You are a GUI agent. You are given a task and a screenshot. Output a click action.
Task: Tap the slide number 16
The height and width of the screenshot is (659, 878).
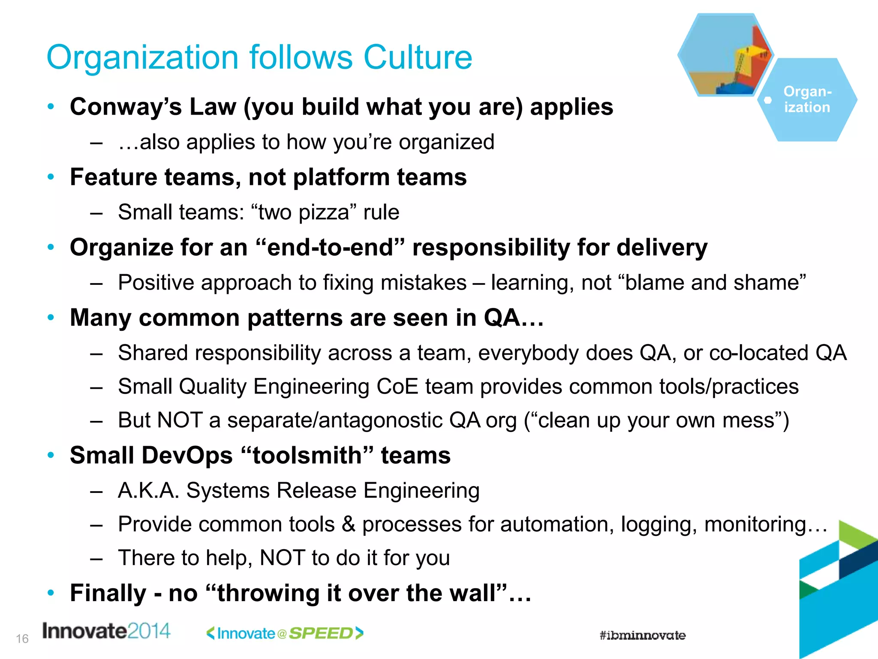(x=22, y=639)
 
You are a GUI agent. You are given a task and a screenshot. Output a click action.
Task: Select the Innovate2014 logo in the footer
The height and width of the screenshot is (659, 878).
(x=106, y=631)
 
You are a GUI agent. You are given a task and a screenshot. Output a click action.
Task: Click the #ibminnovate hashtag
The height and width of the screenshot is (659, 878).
(x=642, y=635)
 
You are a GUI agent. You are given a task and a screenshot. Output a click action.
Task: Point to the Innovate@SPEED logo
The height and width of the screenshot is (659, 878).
(x=285, y=633)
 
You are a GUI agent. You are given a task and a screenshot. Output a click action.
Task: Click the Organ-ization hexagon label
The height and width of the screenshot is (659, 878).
(x=808, y=100)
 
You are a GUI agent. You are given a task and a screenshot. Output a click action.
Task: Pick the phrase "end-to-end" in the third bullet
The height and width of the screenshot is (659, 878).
(x=330, y=248)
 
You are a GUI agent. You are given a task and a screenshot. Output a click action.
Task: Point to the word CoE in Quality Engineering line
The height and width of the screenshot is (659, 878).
(x=397, y=387)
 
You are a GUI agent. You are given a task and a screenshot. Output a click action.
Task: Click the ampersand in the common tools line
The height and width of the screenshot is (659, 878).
(x=348, y=524)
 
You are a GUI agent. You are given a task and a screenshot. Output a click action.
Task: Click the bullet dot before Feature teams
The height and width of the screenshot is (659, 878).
(x=51, y=176)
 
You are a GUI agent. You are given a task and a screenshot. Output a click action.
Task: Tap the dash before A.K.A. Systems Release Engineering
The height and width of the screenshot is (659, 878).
(x=96, y=491)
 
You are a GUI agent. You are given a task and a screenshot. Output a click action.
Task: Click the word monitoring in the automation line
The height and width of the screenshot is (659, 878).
(x=755, y=524)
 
